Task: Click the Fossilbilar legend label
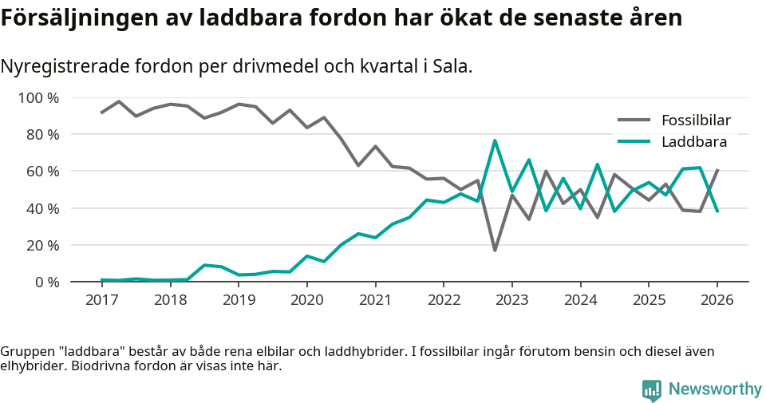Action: tap(696, 121)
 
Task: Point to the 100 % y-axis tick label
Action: tap(39, 98)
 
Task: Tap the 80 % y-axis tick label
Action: tap(43, 135)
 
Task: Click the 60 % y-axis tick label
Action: tap(43, 172)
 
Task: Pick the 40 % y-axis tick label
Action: tap(43, 208)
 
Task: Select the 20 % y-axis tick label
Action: tap(43, 245)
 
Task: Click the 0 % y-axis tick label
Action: tap(46, 282)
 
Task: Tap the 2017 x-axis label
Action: tap(101, 300)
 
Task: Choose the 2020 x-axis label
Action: tap(306, 300)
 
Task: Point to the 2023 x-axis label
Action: tap(511, 300)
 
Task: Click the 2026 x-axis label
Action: tap(717, 300)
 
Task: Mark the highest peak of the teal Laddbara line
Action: tap(495, 140)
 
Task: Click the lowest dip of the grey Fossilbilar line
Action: tap(495, 251)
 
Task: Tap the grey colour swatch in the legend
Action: tap(634, 121)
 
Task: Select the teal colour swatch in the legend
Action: tap(634, 142)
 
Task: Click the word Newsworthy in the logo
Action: tap(715, 389)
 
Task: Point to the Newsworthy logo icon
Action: tap(652, 390)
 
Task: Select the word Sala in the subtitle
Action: tap(451, 66)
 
